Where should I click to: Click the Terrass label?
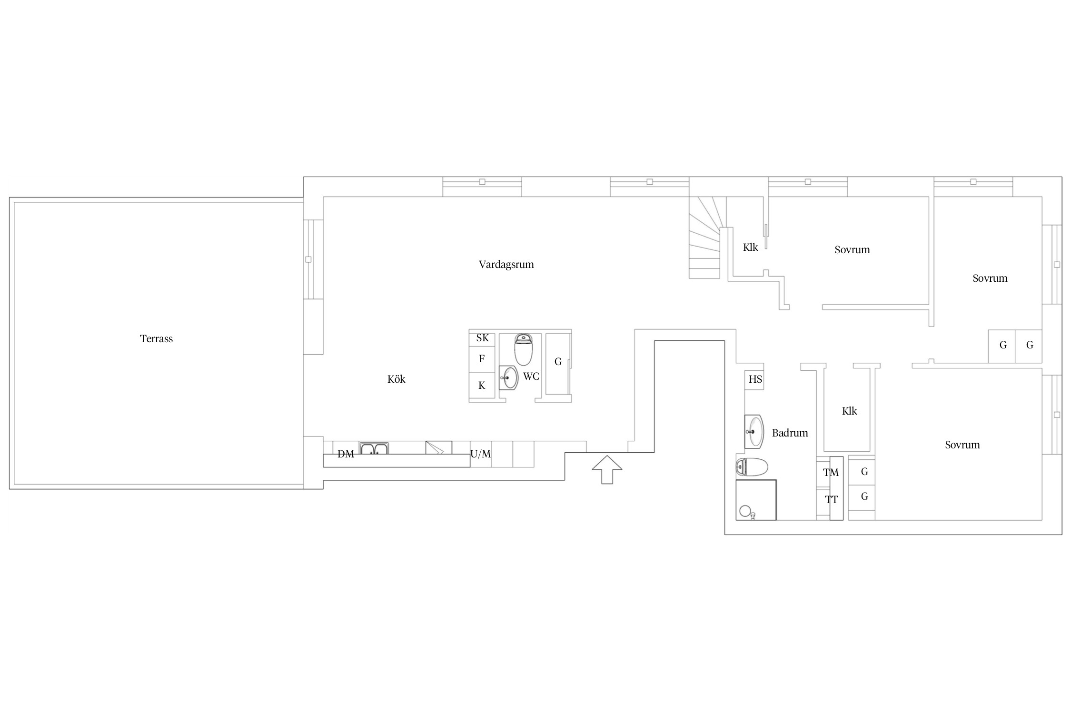coord(156,339)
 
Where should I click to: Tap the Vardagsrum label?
coord(506,265)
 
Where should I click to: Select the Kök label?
coord(396,379)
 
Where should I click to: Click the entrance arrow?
coord(607,469)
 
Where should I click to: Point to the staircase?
coord(704,238)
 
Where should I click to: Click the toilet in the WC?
coord(524,349)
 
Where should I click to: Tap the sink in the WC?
coord(509,378)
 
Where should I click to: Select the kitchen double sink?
coord(374,448)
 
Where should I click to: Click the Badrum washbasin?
coord(754,432)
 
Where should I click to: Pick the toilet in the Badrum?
coord(752,467)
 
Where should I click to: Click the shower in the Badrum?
coord(756,500)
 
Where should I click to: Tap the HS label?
coord(755,379)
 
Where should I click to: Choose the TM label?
coord(831,473)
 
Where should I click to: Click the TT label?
coord(831,500)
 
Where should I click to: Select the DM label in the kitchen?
coord(346,454)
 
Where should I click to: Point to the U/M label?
coord(480,454)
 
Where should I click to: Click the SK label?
coord(482,338)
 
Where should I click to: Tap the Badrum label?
coord(790,433)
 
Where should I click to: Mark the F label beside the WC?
coord(482,359)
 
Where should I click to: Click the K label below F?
coord(482,386)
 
